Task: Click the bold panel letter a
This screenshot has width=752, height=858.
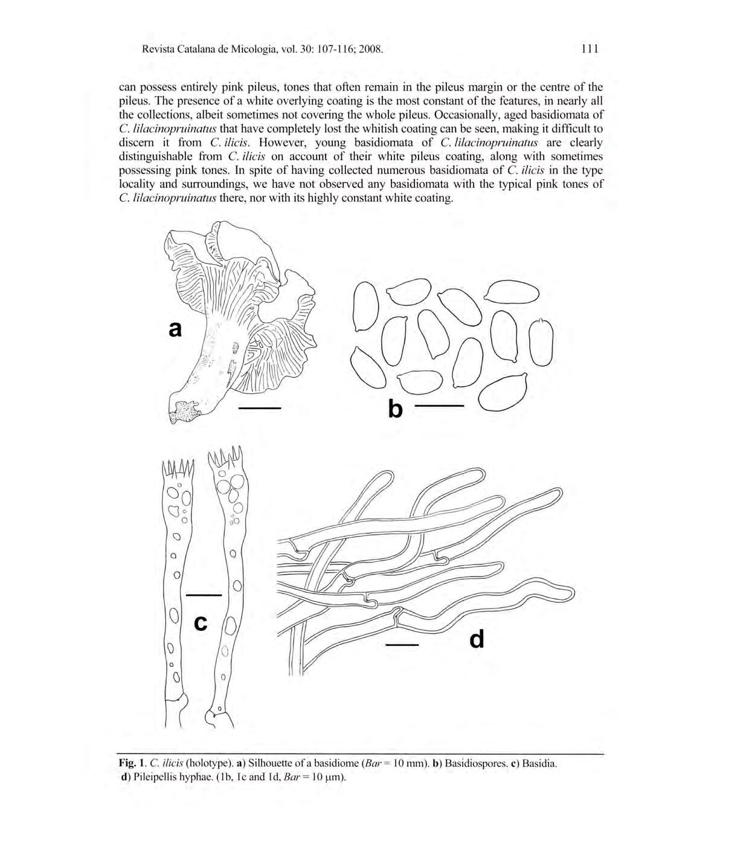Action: click(x=175, y=329)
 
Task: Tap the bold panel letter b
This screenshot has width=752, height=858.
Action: click(x=395, y=409)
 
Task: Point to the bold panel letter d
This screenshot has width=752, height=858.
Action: click(x=477, y=639)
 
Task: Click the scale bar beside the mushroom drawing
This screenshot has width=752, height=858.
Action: click(x=260, y=409)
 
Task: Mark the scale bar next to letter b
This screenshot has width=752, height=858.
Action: click(x=440, y=406)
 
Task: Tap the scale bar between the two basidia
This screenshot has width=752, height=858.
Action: click(x=204, y=595)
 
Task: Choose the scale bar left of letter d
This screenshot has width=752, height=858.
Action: click(x=402, y=645)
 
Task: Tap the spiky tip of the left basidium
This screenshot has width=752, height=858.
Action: click(x=178, y=468)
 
